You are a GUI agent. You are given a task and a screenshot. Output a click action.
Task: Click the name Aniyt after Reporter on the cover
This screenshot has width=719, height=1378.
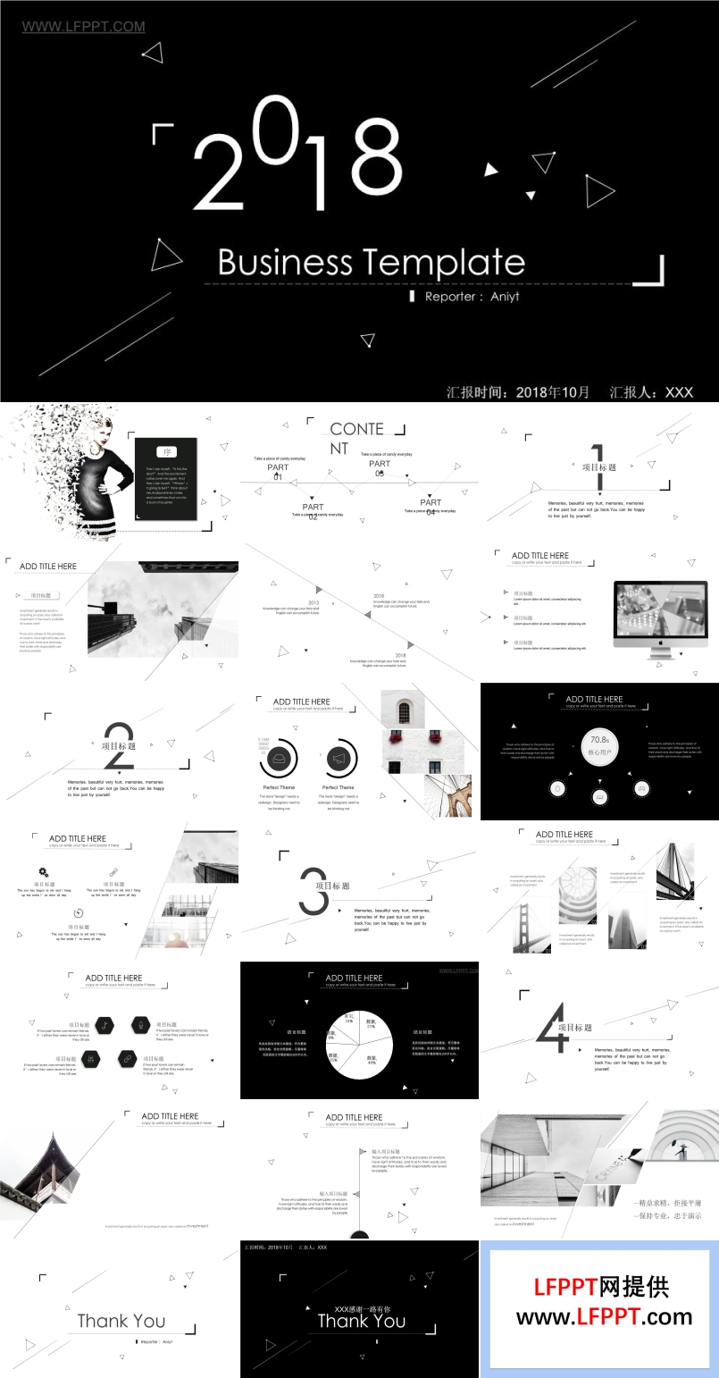[x=505, y=297]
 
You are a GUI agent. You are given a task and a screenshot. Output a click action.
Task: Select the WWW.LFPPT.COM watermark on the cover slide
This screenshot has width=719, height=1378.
[x=83, y=27]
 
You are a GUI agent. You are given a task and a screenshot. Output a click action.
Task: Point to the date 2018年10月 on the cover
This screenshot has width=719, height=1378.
[x=553, y=392]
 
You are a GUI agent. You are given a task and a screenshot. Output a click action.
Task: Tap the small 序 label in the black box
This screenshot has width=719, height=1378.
[x=167, y=452]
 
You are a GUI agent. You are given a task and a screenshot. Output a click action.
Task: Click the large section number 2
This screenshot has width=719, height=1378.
[x=119, y=746]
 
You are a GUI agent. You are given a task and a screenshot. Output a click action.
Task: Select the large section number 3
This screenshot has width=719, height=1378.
[x=313, y=891]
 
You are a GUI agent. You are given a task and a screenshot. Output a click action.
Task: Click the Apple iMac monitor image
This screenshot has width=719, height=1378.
[x=660, y=615]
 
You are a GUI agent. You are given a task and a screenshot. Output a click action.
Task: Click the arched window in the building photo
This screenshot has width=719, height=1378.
[x=403, y=712]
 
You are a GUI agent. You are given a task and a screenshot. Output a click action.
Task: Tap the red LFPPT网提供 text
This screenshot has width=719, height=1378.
[x=601, y=1287]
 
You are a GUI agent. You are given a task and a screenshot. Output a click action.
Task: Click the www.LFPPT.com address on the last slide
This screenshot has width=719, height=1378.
[x=604, y=1317]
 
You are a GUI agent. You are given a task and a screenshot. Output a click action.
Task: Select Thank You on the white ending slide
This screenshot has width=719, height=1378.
[x=121, y=1321]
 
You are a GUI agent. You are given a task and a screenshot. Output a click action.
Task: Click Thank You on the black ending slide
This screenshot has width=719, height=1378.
[x=361, y=1322]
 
